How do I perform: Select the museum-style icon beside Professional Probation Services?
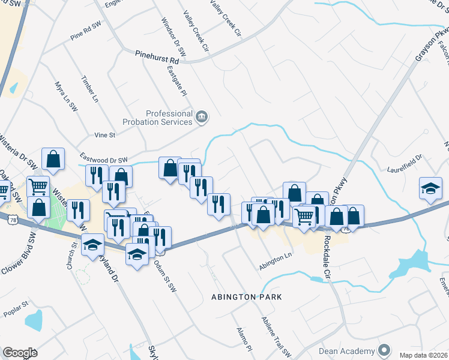(201, 116)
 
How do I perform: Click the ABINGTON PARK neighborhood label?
(246, 297)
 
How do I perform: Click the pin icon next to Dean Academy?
(384, 350)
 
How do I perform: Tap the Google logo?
(20, 352)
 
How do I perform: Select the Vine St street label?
(104, 136)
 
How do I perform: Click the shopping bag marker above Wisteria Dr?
(53, 159)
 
